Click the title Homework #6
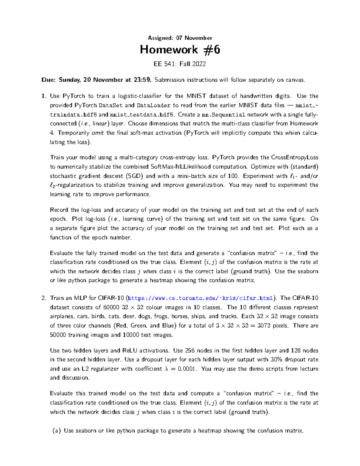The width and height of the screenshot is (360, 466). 180,50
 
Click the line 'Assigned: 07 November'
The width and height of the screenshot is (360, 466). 180,38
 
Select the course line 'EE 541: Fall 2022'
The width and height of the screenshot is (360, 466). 180,64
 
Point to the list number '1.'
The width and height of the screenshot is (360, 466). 44,96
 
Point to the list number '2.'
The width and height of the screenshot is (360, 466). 44,298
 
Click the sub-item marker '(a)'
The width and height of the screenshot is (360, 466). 56,431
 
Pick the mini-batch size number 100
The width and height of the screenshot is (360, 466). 233,176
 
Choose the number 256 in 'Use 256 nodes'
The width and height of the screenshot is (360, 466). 190,350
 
